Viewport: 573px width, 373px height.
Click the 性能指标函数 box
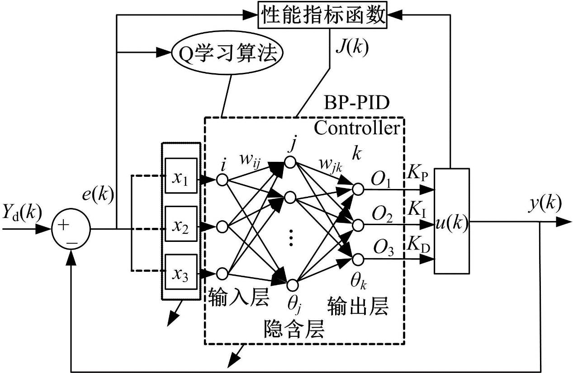click(323, 16)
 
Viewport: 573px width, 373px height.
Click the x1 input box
click(181, 176)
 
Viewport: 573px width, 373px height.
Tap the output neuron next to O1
click(358, 189)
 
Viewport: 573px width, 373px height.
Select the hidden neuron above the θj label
click(292, 285)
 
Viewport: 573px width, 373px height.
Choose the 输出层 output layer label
click(357, 307)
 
